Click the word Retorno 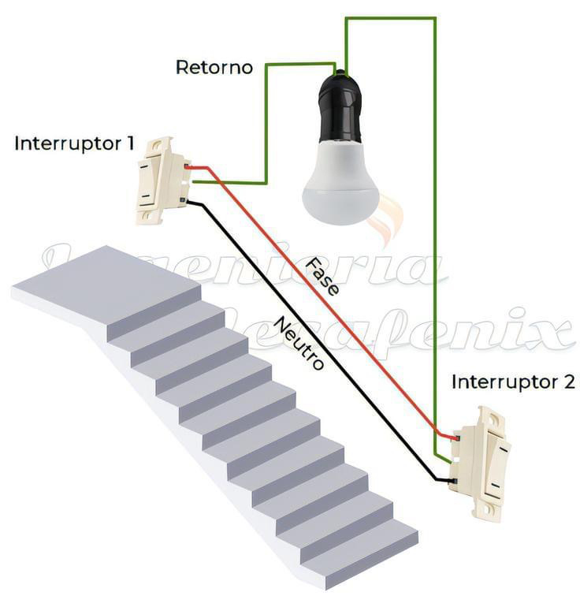[x=214, y=68]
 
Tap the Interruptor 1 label [x=74, y=144]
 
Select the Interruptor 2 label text [x=513, y=382]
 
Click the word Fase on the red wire [x=323, y=276]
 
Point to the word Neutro [x=299, y=343]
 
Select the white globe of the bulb [x=340, y=185]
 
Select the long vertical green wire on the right [x=435, y=236]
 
